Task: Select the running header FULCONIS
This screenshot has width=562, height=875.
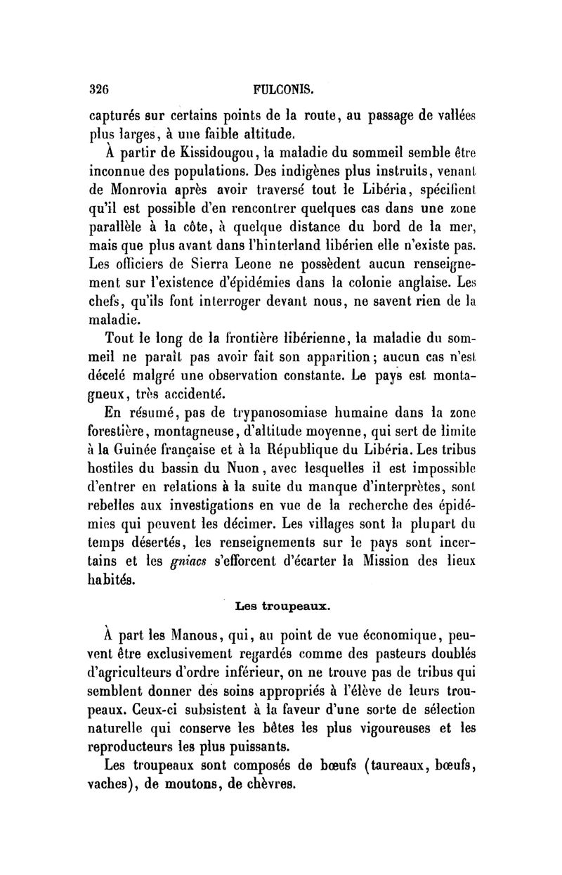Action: click(280, 91)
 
